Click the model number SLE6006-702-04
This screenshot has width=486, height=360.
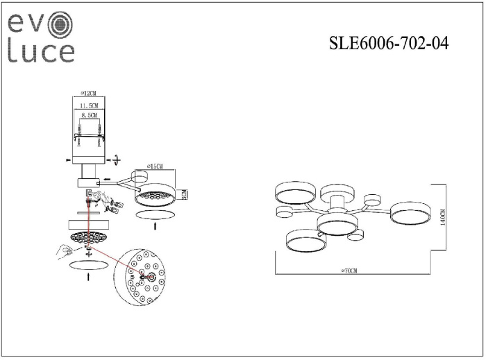point(388,44)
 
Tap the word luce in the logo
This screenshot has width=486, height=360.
point(40,52)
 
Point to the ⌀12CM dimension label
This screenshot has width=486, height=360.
point(88,92)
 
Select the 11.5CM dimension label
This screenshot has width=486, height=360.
point(88,105)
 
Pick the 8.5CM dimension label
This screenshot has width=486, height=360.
point(88,117)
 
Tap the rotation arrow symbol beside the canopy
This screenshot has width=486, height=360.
point(116,160)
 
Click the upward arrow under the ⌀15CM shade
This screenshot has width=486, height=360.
point(154,226)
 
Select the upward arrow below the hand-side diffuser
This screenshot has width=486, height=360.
point(87,277)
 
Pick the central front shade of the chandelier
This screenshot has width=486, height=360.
point(337,224)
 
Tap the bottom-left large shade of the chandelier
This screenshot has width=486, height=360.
point(305,239)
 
